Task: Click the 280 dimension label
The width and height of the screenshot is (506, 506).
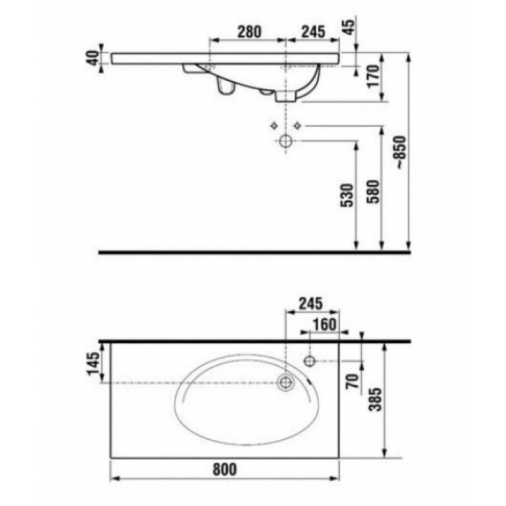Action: (249, 32)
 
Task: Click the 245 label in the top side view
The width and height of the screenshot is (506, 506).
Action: (312, 32)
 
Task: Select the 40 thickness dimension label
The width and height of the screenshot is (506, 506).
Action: (93, 58)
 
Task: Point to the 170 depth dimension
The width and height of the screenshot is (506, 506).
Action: (374, 75)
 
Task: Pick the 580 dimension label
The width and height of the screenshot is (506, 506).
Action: (374, 191)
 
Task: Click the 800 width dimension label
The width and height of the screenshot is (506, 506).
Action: (225, 469)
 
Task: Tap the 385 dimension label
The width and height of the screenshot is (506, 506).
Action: (375, 399)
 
